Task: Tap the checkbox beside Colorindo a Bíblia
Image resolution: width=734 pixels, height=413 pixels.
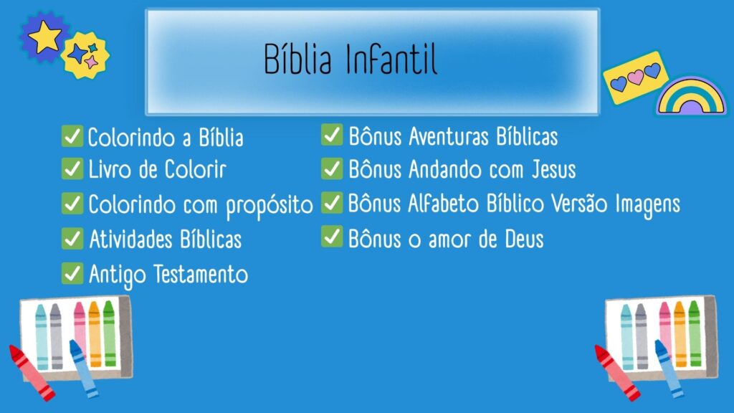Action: [x=72, y=136]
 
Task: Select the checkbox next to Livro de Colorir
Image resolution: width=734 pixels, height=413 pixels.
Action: [x=72, y=168]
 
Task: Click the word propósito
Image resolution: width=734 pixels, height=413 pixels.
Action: [x=270, y=206]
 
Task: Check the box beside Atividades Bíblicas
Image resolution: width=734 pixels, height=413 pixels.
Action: [x=72, y=238]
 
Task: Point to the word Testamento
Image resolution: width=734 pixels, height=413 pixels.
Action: [x=201, y=274]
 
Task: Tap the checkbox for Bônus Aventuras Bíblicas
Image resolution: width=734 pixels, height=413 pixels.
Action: [x=332, y=134]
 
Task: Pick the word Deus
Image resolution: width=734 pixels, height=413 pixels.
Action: [x=524, y=239]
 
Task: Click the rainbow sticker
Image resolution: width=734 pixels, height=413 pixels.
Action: [x=692, y=97]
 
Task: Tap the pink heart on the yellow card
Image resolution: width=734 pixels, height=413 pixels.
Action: [x=635, y=77]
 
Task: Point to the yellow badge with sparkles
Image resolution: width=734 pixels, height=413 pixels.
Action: [x=85, y=55]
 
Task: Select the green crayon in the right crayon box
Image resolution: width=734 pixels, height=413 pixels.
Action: [x=694, y=333]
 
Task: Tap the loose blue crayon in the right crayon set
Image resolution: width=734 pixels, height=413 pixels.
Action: [x=669, y=368]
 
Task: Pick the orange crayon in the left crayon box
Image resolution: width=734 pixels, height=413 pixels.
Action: [x=95, y=334]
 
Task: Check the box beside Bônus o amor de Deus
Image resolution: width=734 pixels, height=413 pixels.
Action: [x=332, y=237]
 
